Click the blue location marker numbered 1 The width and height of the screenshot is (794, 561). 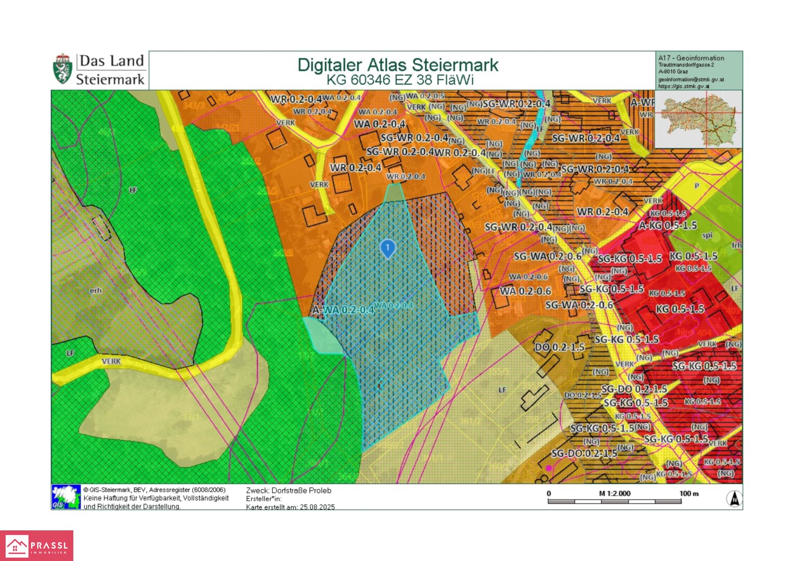point(387,248)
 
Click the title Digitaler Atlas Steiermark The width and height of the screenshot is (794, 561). point(397,65)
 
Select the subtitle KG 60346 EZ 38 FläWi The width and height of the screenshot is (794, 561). point(400,80)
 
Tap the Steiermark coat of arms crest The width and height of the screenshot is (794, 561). point(62,69)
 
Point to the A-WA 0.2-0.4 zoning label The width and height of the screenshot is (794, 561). point(343,310)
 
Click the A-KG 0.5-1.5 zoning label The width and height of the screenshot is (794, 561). point(668,225)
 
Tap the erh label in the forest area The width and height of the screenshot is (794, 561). point(96,291)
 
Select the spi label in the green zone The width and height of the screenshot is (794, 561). point(707,235)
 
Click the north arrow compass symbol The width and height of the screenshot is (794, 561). point(734,499)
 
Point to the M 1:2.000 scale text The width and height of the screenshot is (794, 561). point(615,493)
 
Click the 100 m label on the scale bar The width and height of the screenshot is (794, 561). point(689,493)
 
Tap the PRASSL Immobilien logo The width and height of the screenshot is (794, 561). point(36,545)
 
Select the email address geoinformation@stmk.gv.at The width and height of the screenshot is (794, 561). point(691,79)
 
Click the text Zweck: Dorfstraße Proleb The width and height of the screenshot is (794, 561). point(289,490)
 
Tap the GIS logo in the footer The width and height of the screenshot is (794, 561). point(66,497)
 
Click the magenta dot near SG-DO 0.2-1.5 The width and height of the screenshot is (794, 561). point(549,468)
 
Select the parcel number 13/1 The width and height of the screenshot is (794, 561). point(191,417)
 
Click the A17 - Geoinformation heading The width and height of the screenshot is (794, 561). point(691,58)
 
